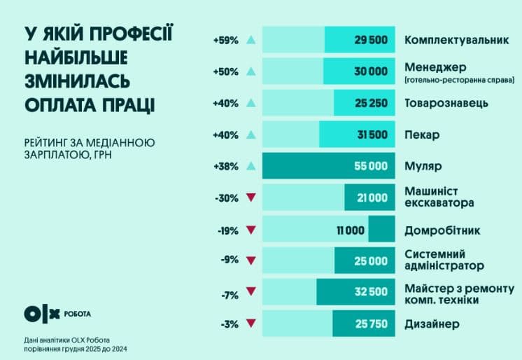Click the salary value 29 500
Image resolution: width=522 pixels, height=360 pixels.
pyautogui.click(x=371, y=40)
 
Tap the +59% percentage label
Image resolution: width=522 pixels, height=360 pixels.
pyautogui.click(x=226, y=40)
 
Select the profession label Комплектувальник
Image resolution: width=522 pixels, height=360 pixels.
pyautogui.click(x=456, y=40)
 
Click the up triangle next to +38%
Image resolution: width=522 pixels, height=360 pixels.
pyautogui.click(x=251, y=166)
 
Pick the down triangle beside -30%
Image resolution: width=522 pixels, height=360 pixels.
pyautogui.click(x=251, y=198)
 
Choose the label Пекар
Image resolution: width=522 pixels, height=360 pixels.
pyautogui.click(x=422, y=134)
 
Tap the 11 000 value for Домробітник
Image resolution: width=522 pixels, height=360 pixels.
pyautogui.click(x=351, y=230)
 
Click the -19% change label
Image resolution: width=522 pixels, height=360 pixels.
pyautogui.click(x=227, y=230)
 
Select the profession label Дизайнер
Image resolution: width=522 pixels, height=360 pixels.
pyautogui.click(x=432, y=324)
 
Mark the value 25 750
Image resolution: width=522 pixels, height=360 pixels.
pyautogui.click(x=371, y=324)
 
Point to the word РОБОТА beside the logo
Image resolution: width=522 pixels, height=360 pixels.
pyautogui.click(x=77, y=313)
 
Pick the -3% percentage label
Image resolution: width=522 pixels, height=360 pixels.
pyautogui.click(x=228, y=324)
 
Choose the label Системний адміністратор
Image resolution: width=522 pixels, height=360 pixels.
pyautogui.click(x=444, y=260)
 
